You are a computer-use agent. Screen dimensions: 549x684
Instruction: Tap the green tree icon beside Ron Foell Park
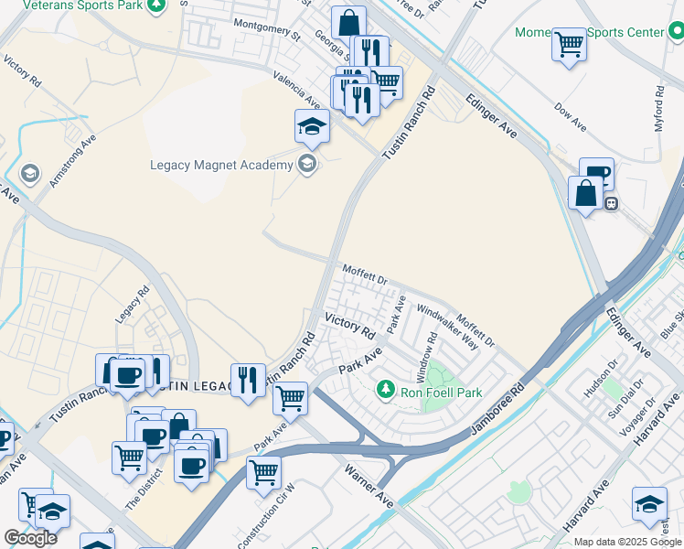tap(386, 392)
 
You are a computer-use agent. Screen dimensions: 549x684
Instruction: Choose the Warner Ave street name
tap(369, 486)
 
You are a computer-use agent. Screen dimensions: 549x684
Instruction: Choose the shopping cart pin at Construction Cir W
tap(263, 472)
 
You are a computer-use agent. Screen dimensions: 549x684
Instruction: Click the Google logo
tap(30, 538)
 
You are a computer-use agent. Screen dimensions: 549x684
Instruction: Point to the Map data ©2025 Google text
tap(627, 542)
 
